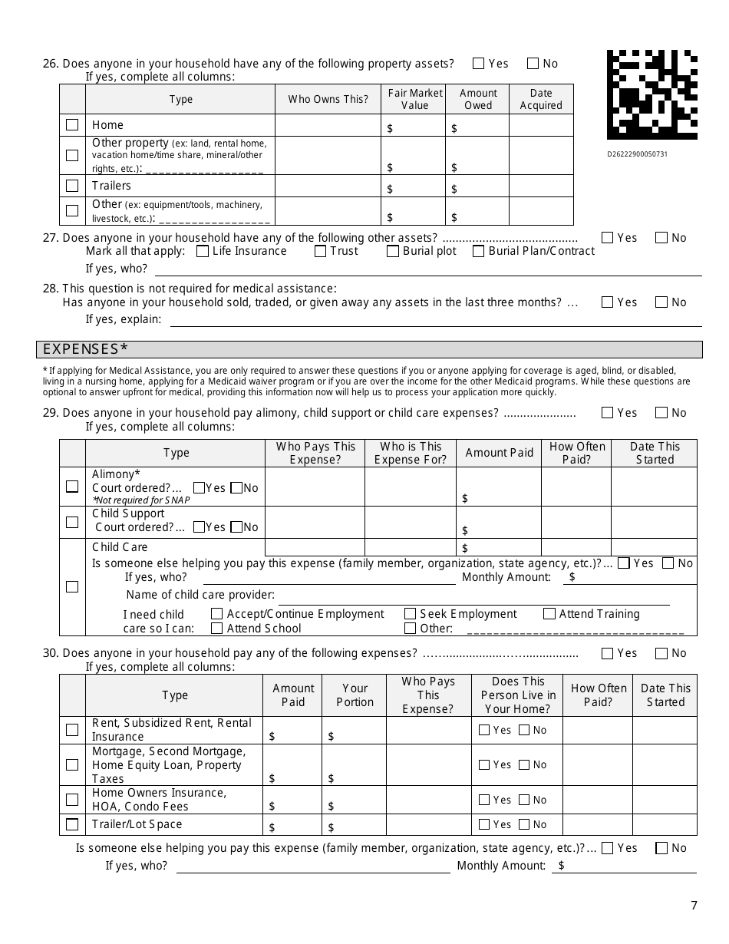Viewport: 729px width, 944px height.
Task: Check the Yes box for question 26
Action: (479, 64)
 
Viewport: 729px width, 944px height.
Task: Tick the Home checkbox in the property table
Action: (72, 124)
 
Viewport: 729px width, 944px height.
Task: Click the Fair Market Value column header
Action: (414, 99)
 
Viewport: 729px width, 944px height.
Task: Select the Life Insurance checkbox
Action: (203, 251)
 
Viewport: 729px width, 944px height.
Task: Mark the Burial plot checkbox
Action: (393, 251)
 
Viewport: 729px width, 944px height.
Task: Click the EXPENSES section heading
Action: (85, 349)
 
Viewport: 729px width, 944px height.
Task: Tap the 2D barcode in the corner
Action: (651, 94)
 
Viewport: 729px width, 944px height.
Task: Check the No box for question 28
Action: (661, 302)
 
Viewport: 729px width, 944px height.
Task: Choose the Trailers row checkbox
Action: (72, 186)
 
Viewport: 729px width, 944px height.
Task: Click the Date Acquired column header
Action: (541, 99)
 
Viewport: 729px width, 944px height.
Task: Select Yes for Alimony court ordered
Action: (200, 487)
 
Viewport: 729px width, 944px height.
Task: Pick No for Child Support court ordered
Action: (236, 526)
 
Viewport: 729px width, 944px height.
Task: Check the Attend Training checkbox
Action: (549, 614)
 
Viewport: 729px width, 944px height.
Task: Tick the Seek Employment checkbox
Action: (411, 614)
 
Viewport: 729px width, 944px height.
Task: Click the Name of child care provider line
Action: (472, 596)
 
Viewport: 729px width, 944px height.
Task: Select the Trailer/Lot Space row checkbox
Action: (72, 824)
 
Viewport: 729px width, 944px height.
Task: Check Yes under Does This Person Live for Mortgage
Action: (484, 764)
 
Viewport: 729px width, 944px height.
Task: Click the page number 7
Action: (694, 905)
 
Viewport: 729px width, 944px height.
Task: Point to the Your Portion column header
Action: (355, 695)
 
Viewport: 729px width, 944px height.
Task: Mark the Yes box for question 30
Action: (608, 653)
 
